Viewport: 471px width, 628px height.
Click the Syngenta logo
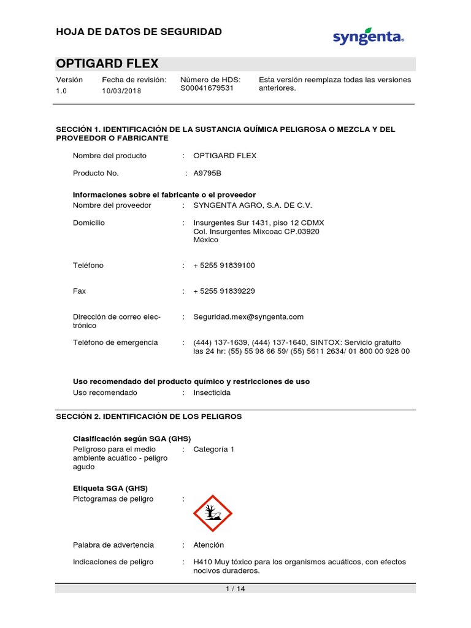[x=368, y=37]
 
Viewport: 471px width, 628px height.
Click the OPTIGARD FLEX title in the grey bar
[x=107, y=64]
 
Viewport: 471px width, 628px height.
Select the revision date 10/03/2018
[x=121, y=91]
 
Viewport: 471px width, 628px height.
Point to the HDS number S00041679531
[x=207, y=88]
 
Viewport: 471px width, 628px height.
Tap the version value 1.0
[x=61, y=91]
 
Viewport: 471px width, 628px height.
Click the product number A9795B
[x=207, y=174]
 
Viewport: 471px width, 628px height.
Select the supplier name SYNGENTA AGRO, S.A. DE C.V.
[x=248, y=205]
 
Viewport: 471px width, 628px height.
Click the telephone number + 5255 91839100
[x=224, y=266]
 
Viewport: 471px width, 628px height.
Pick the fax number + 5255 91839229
[x=224, y=291]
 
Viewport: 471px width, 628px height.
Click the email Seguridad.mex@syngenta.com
[x=248, y=317]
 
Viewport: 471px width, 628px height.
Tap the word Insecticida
[x=212, y=392]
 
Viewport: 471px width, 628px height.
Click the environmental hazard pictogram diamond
[x=213, y=513]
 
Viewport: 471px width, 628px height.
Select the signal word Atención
[x=209, y=545]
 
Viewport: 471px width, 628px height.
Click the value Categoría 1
[x=213, y=450]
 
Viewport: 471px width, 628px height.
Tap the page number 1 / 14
[x=235, y=589]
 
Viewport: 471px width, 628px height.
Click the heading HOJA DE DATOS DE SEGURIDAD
[x=139, y=31]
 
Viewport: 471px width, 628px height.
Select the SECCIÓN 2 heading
[x=149, y=416]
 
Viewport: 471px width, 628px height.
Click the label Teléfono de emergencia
[x=115, y=342]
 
